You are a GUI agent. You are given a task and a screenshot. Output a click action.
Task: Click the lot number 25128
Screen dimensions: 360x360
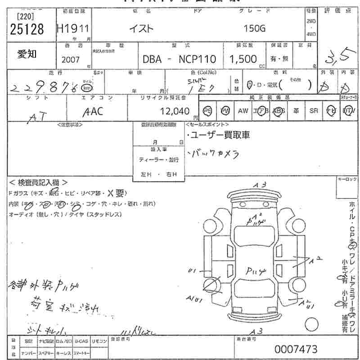[x=27, y=29]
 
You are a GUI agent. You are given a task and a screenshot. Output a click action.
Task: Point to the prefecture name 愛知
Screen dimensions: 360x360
[x=27, y=54]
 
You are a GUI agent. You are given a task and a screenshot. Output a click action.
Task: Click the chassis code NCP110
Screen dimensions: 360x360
[x=198, y=59]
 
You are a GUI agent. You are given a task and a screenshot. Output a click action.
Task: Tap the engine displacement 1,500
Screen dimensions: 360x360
[x=243, y=59]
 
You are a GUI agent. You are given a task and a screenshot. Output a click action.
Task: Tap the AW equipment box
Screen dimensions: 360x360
[x=243, y=111]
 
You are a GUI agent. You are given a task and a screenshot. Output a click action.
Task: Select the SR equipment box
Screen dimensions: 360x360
[x=314, y=111]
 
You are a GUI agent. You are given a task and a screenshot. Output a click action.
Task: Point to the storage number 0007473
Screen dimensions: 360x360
[x=296, y=349]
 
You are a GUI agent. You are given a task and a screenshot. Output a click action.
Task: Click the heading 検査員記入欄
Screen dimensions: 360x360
[x=38, y=182]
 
